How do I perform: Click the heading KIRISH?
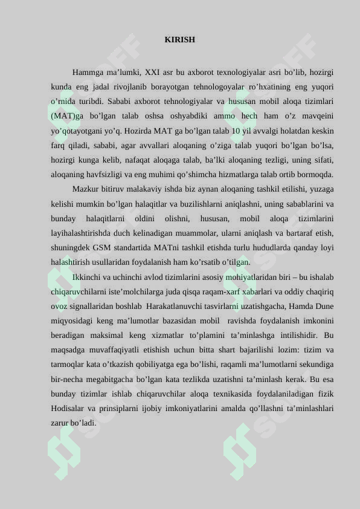tap(179, 40)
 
